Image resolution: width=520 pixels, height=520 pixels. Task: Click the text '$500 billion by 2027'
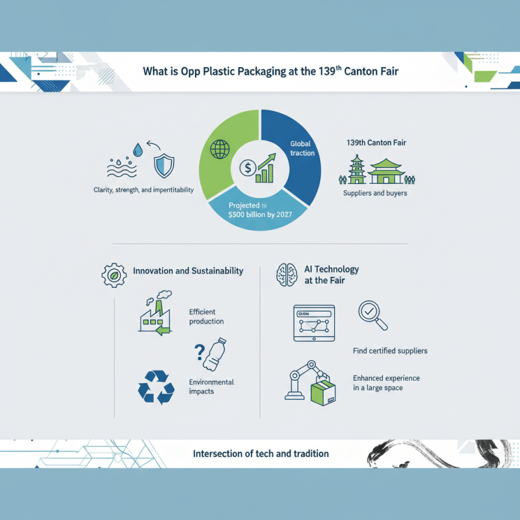[261, 216]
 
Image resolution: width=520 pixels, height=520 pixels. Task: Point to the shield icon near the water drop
[163, 165]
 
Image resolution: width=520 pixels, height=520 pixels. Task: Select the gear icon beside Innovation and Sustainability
[114, 275]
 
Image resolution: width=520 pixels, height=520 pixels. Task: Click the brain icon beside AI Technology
[287, 274]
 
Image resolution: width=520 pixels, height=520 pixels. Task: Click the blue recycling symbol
[156, 387]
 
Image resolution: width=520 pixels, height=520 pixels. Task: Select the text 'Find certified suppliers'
[390, 351]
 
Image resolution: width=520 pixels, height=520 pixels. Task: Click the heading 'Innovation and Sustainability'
[188, 270]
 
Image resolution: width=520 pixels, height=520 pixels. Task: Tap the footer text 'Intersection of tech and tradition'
[261, 453]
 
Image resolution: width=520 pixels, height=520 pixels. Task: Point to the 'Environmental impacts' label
[211, 387]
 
